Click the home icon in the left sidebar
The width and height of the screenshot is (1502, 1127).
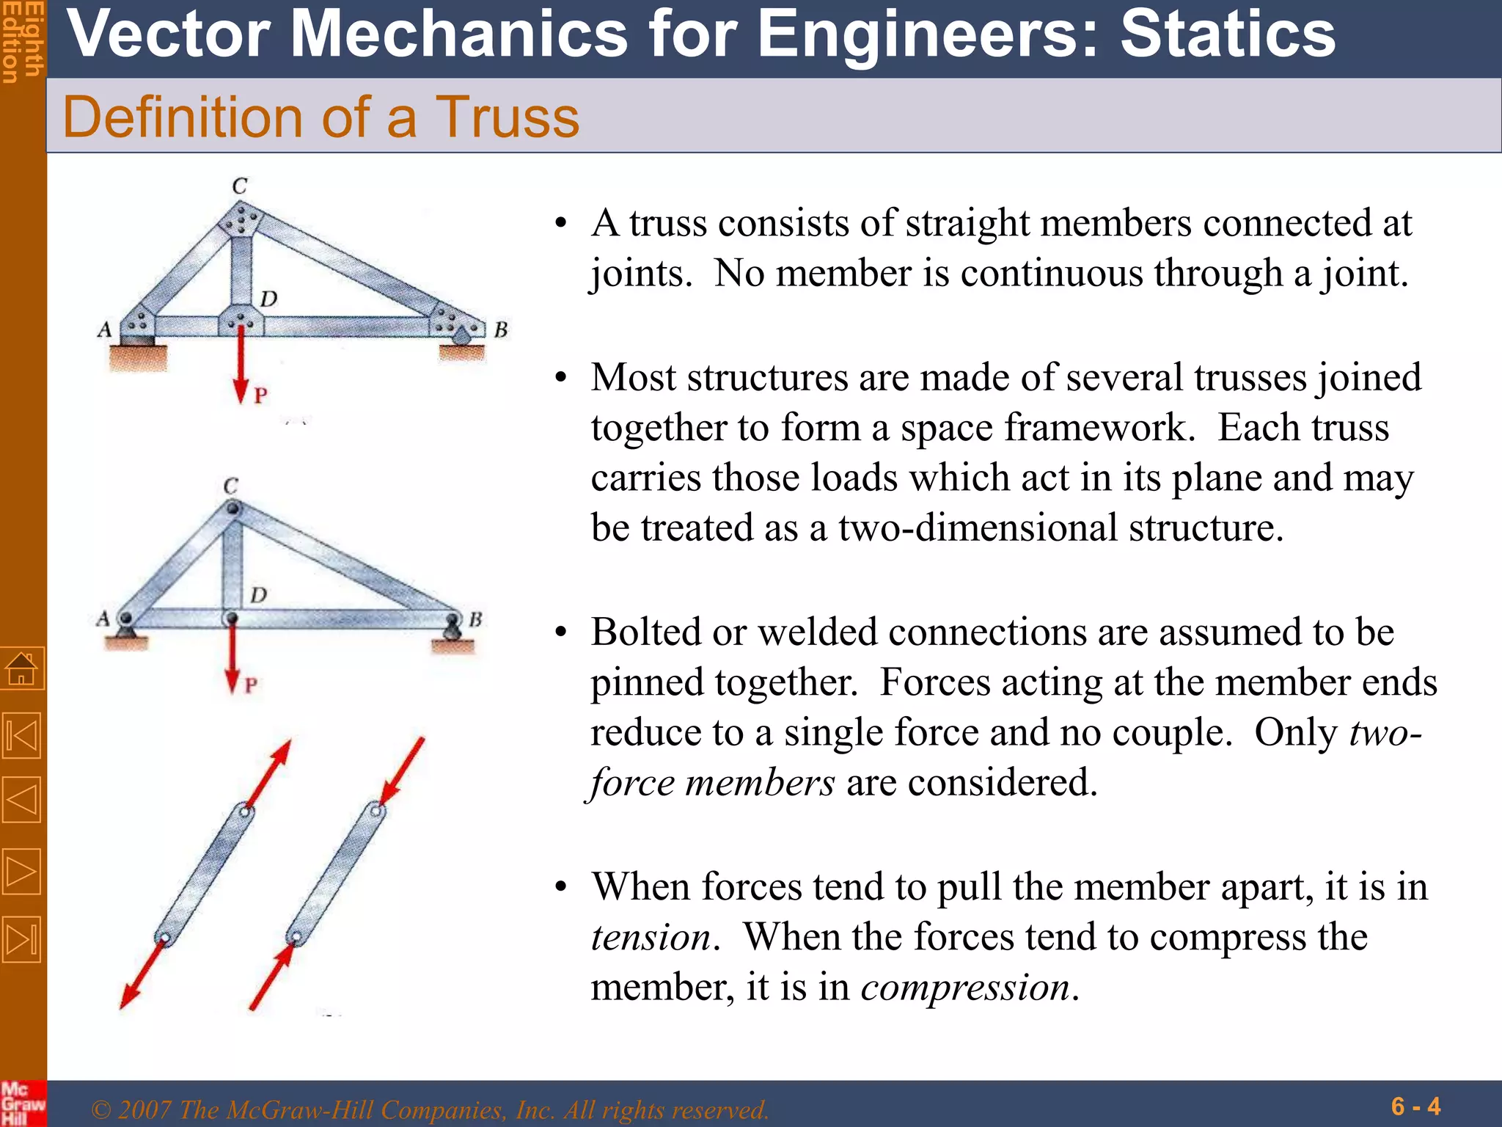22,668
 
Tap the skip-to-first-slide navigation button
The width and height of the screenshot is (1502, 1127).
22,736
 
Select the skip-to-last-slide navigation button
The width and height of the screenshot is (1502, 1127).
22,938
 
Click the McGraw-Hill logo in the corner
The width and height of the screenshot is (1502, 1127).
22,1103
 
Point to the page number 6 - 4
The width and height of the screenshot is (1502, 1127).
1415,1106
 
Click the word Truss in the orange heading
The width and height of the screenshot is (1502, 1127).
507,117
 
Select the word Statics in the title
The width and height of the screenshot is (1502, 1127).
1228,34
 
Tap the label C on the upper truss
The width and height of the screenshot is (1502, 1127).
240,186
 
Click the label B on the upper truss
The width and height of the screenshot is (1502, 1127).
501,330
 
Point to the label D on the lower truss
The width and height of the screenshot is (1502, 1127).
258,594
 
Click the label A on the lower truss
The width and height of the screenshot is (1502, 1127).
103,619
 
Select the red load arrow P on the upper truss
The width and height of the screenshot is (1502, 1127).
241,363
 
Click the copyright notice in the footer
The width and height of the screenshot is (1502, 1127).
429,1109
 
